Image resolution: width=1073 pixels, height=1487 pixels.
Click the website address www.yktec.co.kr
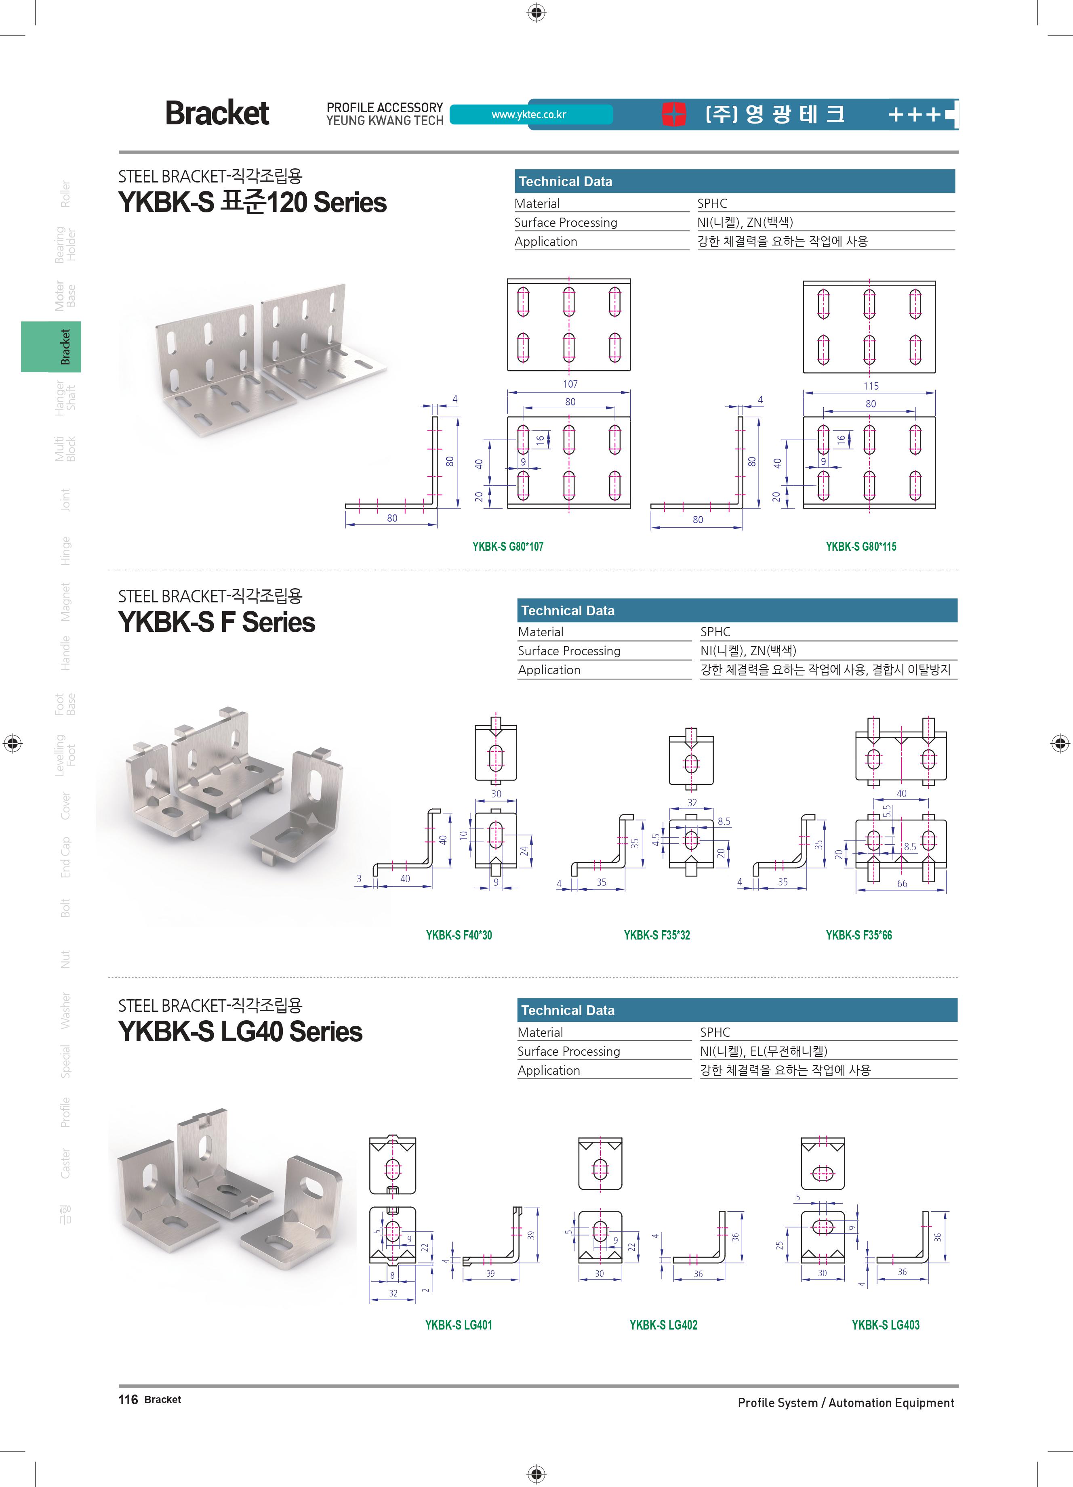coord(529,115)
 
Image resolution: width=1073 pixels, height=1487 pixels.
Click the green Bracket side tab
coord(51,347)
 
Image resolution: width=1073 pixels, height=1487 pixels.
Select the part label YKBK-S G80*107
coord(508,547)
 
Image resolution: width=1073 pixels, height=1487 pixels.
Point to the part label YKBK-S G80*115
coord(861,547)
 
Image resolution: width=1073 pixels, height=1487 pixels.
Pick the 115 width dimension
coord(870,386)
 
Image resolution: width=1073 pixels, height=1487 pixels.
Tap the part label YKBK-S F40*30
coord(459,935)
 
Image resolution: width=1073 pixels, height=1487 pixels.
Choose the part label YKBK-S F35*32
coord(656,935)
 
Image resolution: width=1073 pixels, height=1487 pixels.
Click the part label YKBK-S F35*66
coord(858,935)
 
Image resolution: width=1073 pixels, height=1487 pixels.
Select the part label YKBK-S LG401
coord(459,1324)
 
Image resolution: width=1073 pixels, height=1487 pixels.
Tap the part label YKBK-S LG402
coord(663,1324)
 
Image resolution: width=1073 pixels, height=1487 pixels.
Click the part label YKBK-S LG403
coord(886,1324)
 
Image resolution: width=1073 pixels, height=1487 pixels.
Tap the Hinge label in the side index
coord(65,551)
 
